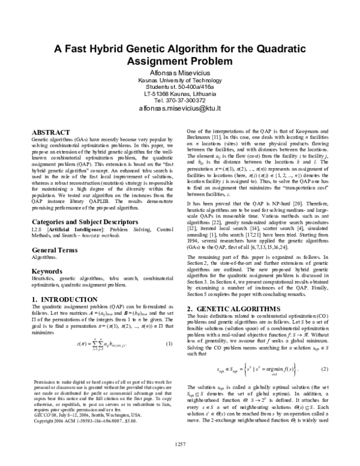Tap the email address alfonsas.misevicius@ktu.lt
pyautogui.click(x=180, y=109)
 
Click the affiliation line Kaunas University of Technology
pyautogui.click(x=180, y=80)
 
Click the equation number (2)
pyautogui.click(x=325, y=368)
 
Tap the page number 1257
pyautogui.click(x=180, y=460)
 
